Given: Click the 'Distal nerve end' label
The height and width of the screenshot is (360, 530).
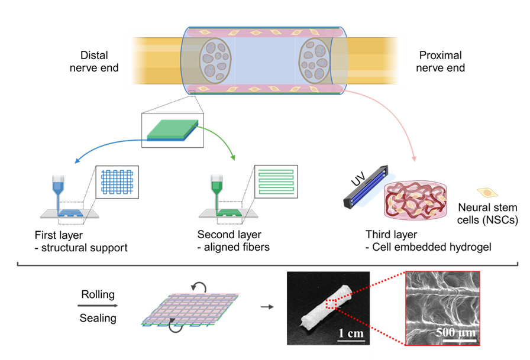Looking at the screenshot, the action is click(94, 61).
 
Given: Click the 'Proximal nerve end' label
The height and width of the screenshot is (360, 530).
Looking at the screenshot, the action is click(440, 61).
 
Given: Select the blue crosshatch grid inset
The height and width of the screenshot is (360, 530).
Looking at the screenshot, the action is click(117, 182).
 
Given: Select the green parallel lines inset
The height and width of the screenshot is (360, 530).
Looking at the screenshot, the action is click(276, 181).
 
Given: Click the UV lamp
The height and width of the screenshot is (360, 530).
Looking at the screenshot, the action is click(366, 187).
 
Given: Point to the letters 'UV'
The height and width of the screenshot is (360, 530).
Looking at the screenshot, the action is click(358, 179).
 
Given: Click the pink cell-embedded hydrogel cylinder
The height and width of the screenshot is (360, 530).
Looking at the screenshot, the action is click(415, 200).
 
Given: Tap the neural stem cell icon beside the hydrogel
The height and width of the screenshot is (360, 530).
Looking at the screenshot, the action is click(487, 193).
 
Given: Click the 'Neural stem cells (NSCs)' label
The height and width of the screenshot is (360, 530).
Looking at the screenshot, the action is click(487, 213).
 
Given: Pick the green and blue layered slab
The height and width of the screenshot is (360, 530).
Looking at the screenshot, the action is click(172, 130).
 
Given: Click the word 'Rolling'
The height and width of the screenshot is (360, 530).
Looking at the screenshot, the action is click(98, 294).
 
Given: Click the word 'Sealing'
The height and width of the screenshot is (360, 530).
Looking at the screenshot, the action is click(98, 318).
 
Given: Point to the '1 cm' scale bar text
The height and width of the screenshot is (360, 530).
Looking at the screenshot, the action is click(351, 333).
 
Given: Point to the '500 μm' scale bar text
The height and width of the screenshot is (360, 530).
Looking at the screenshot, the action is click(456, 333).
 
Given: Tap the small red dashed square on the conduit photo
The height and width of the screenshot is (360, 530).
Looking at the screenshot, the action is click(330, 304).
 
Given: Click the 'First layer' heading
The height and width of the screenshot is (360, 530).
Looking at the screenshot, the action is click(59, 235).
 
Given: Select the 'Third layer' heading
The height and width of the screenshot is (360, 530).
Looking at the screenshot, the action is click(392, 234).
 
